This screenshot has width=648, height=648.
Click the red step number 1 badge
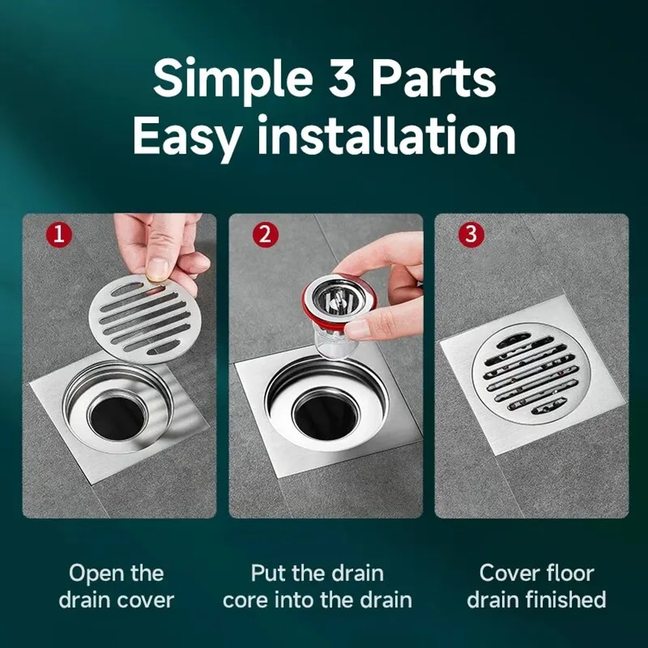click(59, 235)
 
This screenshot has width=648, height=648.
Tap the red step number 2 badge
click(265, 235)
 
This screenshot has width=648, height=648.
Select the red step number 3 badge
click(471, 235)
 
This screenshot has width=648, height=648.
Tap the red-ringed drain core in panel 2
click(331, 305)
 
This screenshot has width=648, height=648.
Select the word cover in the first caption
click(146, 599)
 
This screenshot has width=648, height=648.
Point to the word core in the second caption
click(247, 599)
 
